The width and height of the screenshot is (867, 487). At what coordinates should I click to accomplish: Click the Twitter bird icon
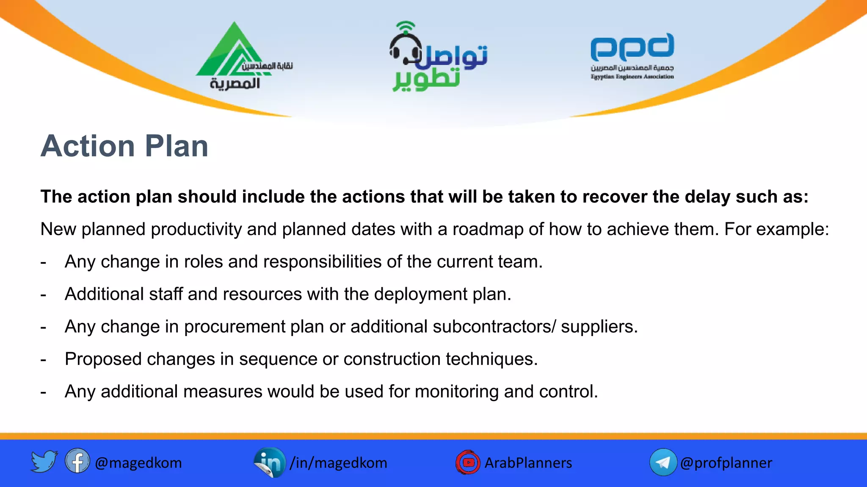(44, 462)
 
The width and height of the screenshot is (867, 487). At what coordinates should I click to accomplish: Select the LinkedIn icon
(270, 462)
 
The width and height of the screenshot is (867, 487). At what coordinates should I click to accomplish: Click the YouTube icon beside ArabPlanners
(468, 462)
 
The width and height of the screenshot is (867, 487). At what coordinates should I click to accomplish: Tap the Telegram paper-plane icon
(663, 462)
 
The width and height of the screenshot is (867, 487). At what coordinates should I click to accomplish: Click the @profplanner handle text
(726, 463)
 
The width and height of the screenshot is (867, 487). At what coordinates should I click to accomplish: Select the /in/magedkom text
(338, 463)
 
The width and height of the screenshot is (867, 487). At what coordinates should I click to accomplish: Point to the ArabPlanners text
(528, 463)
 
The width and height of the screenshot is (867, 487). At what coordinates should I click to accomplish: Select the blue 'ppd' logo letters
(632, 47)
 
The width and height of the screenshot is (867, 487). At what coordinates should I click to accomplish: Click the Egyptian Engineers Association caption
(632, 77)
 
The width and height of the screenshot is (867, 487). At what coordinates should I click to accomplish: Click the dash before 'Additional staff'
(43, 295)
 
